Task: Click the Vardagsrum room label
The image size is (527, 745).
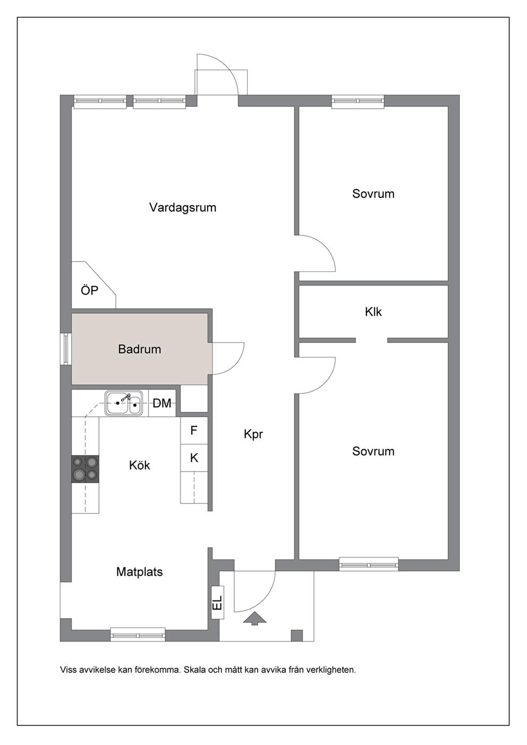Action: pos(183,208)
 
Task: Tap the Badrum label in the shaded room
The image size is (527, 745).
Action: pos(139,349)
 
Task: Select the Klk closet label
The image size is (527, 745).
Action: pos(373,312)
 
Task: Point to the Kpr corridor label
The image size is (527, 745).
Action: pos(253,434)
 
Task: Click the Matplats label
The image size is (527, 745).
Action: pos(139,572)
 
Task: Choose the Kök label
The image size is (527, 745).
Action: pos(139,465)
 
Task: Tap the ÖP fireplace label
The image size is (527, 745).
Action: pos(89,290)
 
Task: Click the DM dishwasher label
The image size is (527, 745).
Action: pos(162,404)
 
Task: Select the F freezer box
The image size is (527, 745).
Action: pos(194,430)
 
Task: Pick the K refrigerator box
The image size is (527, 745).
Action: pos(194,458)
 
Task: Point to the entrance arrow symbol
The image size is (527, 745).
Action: pos(255,618)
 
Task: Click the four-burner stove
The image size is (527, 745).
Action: pos(85,469)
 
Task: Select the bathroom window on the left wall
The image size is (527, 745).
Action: pos(66,349)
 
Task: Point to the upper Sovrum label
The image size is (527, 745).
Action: pos(373,194)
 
